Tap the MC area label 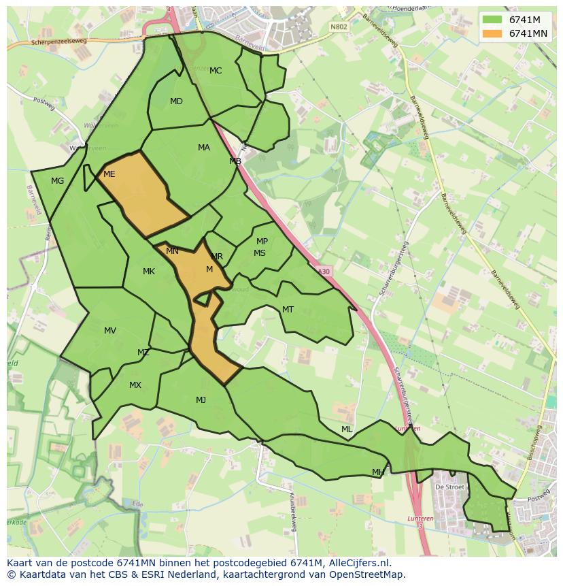(x=216, y=71)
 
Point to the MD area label (x=176, y=101)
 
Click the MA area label (x=204, y=148)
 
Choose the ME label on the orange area (x=109, y=174)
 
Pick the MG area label (x=57, y=181)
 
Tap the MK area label (x=149, y=272)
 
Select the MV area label (x=110, y=331)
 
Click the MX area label (x=135, y=385)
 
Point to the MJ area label (x=201, y=400)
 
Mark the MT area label (x=288, y=310)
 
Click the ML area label (x=347, y=429)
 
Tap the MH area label (x=378, y=472)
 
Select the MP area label (x=262, y=242)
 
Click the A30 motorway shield (x=324, y=271)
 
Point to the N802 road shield (x=338, y=27)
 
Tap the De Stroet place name (x=449, y=487)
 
